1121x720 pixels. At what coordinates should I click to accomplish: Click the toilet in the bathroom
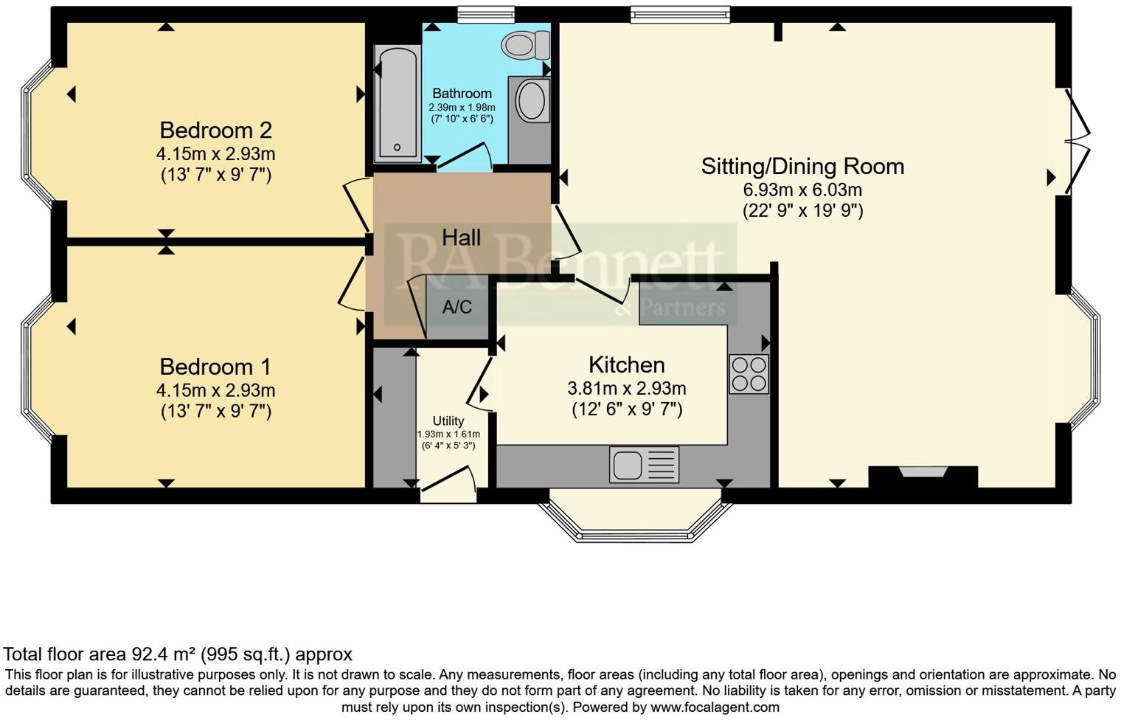(x=525, y=45)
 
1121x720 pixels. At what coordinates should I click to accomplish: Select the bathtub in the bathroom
(x=397, y=103)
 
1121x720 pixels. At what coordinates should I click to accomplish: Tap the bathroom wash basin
(x=530, y=101)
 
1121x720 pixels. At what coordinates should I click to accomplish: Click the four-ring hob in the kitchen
(x=749, y=373)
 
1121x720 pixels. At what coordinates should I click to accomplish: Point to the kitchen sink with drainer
(x=644, y=465)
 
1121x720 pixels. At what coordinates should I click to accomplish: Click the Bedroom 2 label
(x=215, y=131)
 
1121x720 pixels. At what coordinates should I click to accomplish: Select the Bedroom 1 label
(x=215, y=367)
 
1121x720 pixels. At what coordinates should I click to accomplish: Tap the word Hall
(x=461, y=238)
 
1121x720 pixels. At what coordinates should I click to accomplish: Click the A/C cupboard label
(x=457, y=307)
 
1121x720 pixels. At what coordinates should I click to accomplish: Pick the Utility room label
(x=448, y=421)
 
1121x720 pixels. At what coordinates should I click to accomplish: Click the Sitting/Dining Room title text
(x=802, y=166)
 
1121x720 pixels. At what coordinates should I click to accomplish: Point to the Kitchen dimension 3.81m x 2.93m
(x=626, y=388)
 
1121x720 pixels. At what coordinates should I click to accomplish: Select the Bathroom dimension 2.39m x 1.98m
(x=462, y=107)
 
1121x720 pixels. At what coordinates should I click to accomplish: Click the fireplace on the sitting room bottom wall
(x=923, y=476)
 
